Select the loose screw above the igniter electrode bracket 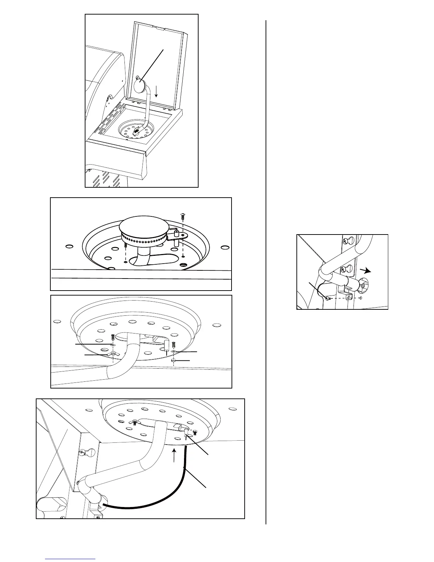(x=183, y=215)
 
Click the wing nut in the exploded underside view (x=112, y=354)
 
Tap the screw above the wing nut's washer (x=112, y=337)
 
